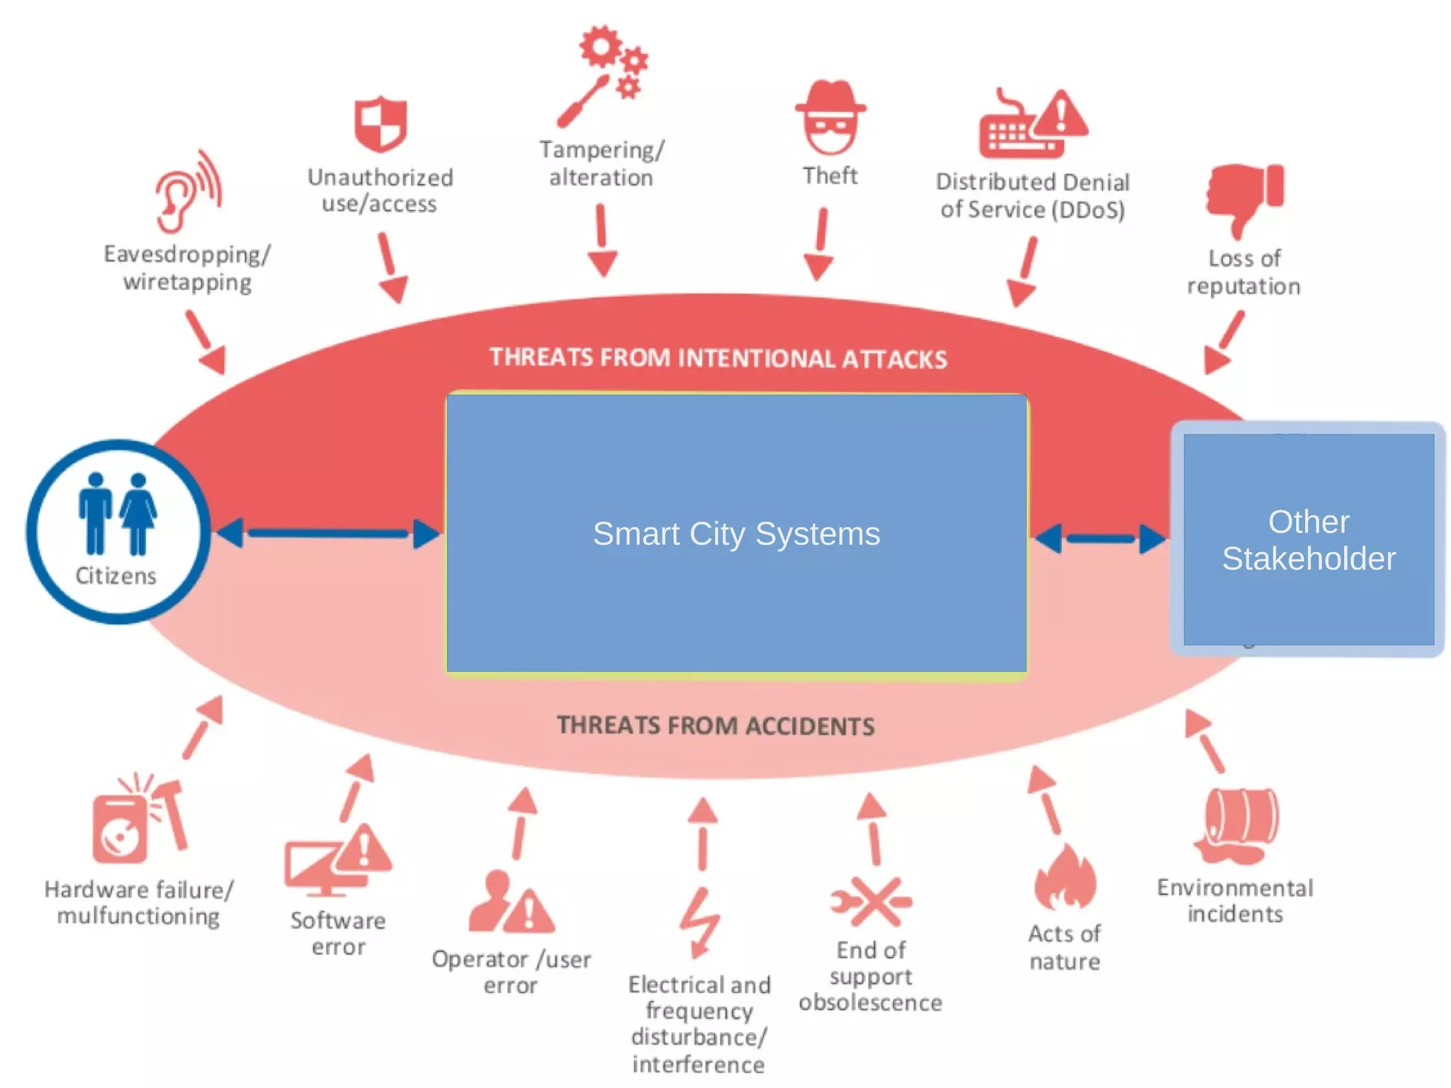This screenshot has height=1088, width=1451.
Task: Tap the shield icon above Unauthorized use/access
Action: (380, 125)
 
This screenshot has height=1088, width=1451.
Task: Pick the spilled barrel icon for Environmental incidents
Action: (1238, 826)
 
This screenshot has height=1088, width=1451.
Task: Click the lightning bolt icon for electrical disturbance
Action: (700, 921)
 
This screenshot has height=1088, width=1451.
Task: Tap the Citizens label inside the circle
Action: (116, 576)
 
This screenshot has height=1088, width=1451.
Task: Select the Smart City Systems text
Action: (736, 534)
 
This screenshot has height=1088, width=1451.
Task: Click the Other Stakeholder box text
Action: (1308, 540)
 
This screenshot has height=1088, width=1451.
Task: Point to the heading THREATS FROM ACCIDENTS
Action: (716, 726)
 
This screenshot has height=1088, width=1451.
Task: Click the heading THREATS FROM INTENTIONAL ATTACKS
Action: (718, 359)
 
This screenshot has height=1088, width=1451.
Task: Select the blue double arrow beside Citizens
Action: (328, 534)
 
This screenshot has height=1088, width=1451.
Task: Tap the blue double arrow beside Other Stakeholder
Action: (1100, 539)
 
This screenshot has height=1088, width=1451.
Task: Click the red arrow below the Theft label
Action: (820, 245)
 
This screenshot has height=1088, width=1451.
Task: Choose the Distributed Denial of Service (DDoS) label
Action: (1032, 196)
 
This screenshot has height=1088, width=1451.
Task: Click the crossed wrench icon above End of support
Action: (871, 902)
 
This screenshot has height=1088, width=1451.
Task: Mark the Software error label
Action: (338, 933)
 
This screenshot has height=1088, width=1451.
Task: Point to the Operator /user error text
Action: (511, 972)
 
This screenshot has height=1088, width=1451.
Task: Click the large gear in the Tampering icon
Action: (601, 47)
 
